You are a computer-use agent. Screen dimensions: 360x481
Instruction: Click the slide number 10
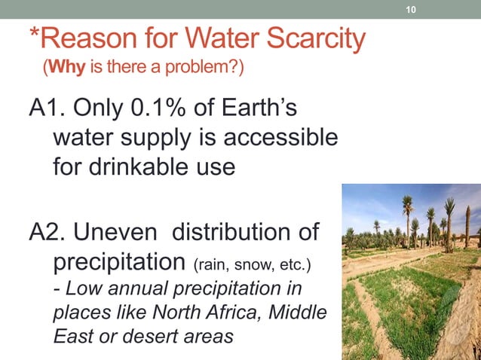coord(411,10)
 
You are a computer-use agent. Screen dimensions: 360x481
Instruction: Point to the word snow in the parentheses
coord(253,267)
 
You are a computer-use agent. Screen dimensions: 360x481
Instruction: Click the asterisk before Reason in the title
coord(33,35)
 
